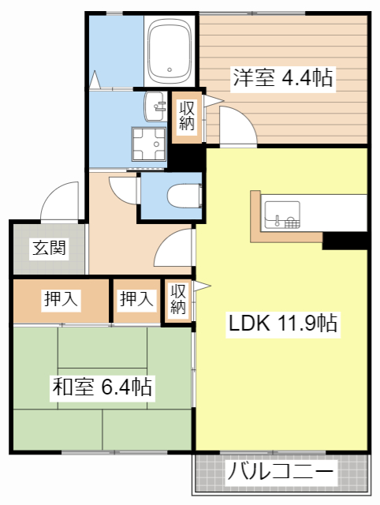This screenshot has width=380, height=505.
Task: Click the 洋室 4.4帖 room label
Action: (281, 78)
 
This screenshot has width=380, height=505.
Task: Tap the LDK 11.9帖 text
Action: (284, 323)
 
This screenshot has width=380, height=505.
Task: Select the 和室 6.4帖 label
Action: (102, 387)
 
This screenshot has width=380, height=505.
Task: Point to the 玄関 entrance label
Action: (49, 249)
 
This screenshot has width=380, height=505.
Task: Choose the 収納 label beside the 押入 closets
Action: (178, 300)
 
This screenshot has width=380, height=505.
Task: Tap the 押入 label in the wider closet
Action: (61, 299)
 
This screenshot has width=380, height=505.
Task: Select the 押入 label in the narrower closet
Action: (136, 299)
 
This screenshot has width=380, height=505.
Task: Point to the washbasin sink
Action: (155, 103)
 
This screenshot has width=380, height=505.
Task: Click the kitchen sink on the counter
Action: (282, 213)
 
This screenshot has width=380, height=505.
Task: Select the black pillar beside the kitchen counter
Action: (345, 241)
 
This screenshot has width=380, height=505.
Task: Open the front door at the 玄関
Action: (61, 201)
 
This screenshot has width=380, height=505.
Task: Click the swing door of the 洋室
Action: (237, 126)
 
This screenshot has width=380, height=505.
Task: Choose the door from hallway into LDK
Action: (175, 248)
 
